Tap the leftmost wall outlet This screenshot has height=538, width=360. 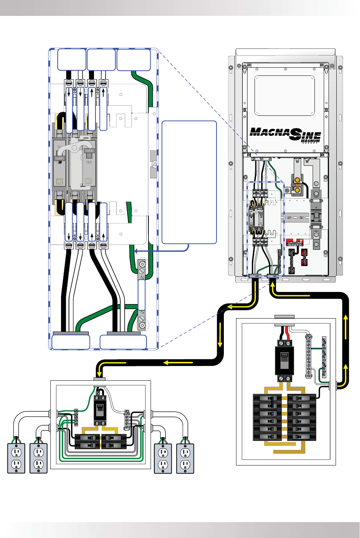pos(16,458)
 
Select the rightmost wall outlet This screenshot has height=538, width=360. pos(185,458)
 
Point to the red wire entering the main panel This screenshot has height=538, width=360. pos(287,333)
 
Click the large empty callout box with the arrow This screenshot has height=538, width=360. pos(189,182)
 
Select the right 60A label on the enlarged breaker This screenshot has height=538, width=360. pos(89,151)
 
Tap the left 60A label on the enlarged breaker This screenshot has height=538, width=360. pos(60,158)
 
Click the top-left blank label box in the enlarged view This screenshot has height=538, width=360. pos(72,59)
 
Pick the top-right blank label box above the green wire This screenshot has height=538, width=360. pos(134,59)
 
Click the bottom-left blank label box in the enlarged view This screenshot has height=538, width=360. pos(71,342)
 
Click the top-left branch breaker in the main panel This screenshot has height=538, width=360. pos(267,398)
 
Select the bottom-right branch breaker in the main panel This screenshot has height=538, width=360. pos(302,437)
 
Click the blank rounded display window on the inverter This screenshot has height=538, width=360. pos(285,95)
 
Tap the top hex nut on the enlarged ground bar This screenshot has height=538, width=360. pos(141,264)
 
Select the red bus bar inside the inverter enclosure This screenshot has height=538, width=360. pos(295,242)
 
